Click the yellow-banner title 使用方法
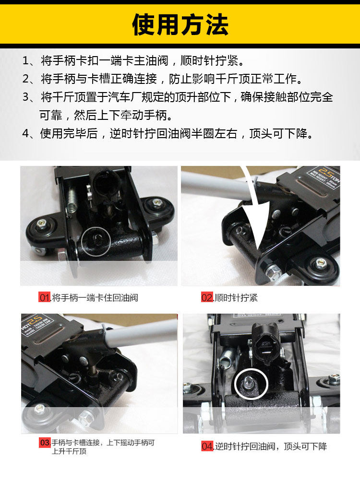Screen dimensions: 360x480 pyautogui.click(x=180, y=25)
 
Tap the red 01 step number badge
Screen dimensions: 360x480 pyautogui.click(x=45, y=297)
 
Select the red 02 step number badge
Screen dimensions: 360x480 pyautogui.click(x=207, y=297)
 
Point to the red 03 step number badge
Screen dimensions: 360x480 pyautogui.click(x=45, y=442)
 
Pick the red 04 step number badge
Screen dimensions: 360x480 pyautogui.click(x=207, y=446)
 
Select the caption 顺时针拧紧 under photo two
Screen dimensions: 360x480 pyautogui.click(x=236, y=298)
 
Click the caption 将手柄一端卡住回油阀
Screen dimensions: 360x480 pyautogui.click(x=95, y=298)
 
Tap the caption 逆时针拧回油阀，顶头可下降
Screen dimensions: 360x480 pyautogui.click(x=271, y=446)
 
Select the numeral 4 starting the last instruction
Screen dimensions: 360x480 pyautogui.click(x=26, y=134)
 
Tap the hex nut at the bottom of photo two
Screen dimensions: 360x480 pyautogui.click(x=272, y=271)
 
